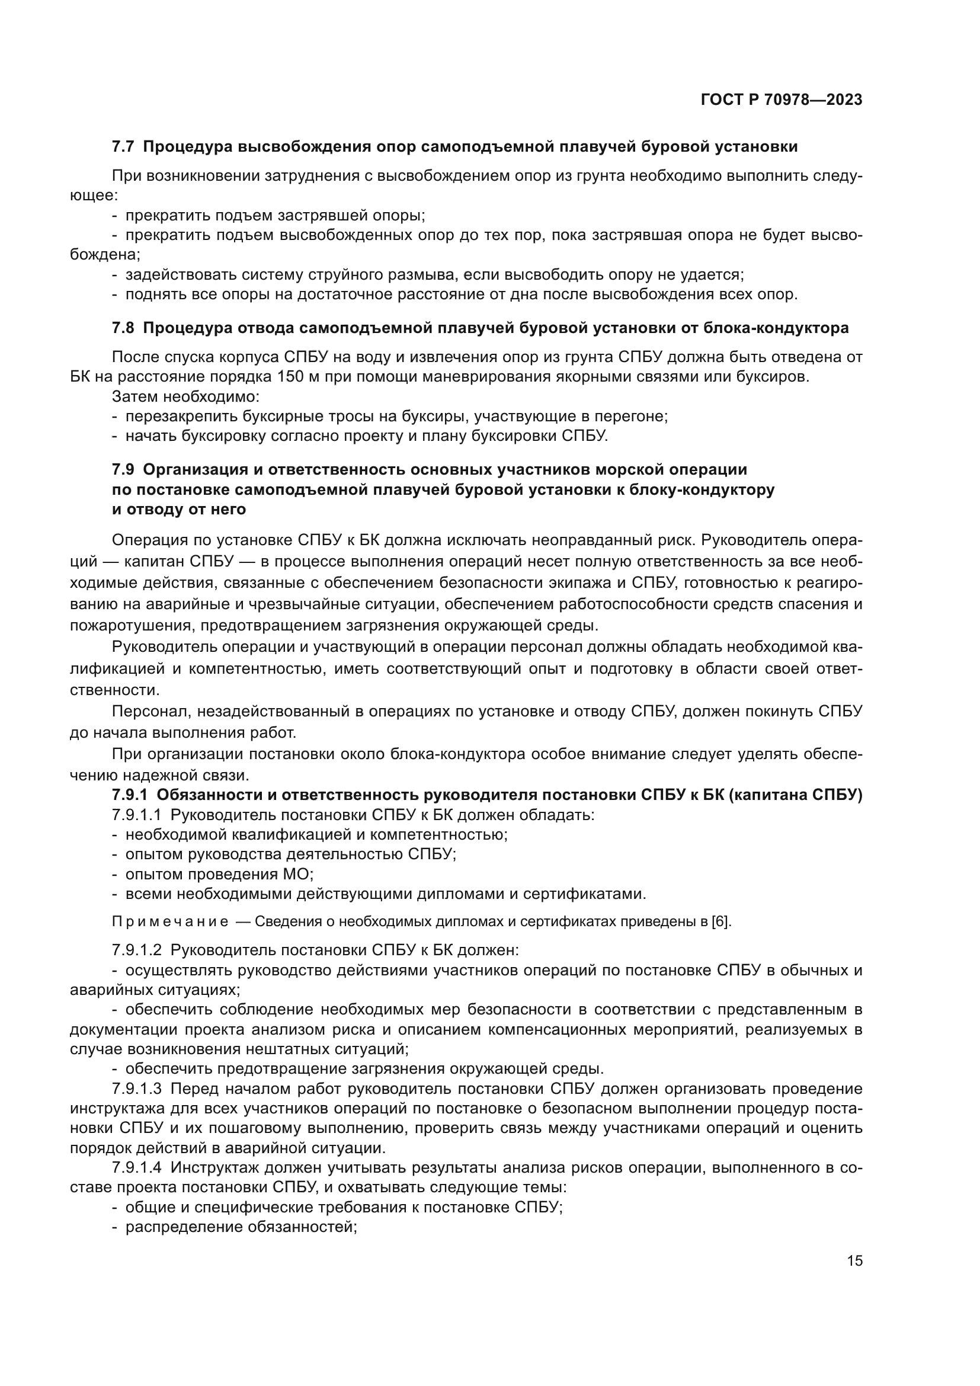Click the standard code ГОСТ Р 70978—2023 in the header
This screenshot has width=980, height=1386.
pos(782,100)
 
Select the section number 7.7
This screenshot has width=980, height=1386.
pos(123,147)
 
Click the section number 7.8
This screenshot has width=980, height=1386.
pos(123,328)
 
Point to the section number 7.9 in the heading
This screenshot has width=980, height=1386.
pos(123,469)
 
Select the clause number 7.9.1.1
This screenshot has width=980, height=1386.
pos(136,815)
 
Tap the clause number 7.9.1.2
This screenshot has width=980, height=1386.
pos(136,950)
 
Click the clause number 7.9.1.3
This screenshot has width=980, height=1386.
pos(136,1089)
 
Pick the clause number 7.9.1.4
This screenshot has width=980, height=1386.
pos(136,1167)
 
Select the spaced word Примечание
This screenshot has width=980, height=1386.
pos(170,922)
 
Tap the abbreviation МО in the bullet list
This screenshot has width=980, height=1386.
pos(298,874)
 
